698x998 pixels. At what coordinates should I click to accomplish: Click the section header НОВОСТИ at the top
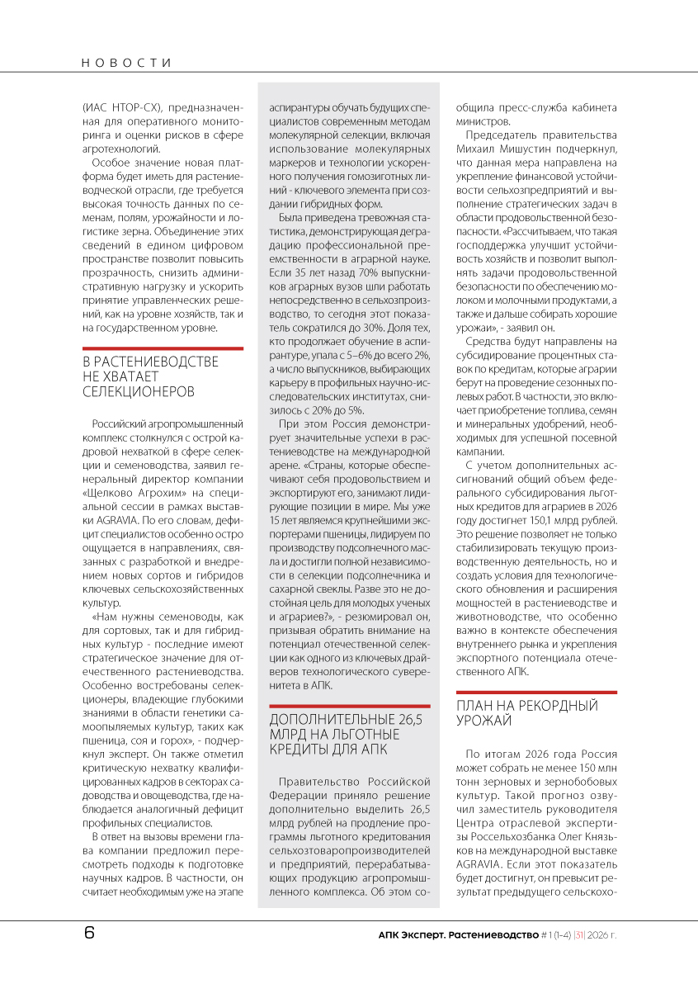point(127,63)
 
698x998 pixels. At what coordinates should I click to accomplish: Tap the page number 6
point(89,934)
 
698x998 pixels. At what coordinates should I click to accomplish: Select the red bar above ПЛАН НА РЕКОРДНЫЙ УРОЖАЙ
point(536,692)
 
